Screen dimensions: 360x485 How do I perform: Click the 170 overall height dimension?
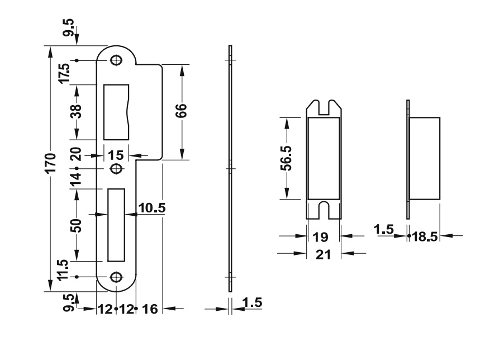(x=50, y=165)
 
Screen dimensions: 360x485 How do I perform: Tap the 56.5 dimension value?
(x=286, y=158)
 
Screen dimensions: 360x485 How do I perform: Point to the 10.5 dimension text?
(x=151, y=208)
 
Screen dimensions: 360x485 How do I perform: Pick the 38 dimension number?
(x=77, y=112)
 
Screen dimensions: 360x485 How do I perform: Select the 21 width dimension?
(x=324, y=254)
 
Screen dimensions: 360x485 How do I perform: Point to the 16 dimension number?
(x=150, y=308)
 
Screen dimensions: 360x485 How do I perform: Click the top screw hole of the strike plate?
(x=116, y=60)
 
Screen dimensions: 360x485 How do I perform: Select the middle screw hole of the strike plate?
(x=116, y=168)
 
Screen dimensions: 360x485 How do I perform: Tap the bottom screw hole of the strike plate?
(x=116, y=277)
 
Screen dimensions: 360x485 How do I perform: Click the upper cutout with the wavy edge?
(x=117, y=112)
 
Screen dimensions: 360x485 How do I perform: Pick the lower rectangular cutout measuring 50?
(x=116, y=225)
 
